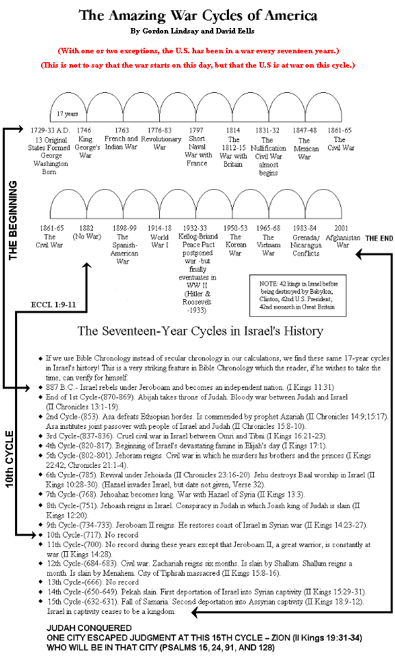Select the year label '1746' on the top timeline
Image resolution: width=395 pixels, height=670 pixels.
85,130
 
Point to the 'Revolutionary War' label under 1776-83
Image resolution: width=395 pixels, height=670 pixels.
159,142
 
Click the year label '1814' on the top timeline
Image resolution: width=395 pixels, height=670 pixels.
233,130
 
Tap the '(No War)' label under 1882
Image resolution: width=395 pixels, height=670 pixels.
86,236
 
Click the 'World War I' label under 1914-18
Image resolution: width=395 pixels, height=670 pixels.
159,240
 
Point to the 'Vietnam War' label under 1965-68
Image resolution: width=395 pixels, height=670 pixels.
269,249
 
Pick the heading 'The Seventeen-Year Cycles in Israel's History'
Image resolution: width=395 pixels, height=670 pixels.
200,331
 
